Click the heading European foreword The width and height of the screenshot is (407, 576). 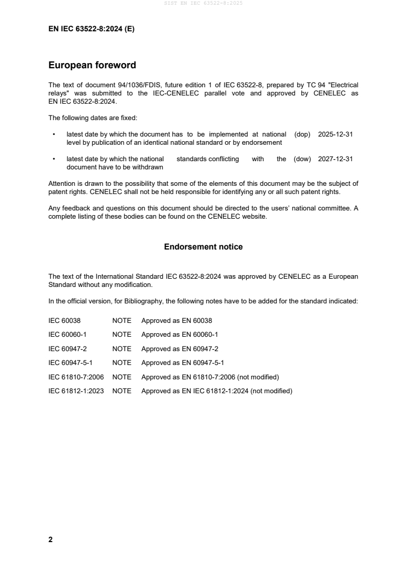coord(92,65)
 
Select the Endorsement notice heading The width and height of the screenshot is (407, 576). coord(203,247)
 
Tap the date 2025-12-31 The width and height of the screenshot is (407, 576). coord(335,134)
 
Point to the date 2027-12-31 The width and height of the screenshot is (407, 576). coord(335,159)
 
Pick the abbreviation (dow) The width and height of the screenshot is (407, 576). coord(302,159)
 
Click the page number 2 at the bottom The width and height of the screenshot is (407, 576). coord(50,540)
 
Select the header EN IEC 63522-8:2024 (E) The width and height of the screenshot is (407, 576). coord(91,29)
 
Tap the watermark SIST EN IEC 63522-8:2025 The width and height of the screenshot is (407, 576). coord(203,3)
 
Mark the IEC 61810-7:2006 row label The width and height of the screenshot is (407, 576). coord(76,377)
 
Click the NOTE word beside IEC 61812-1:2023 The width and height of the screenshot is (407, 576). coord(122,391)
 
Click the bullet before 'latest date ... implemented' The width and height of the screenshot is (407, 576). coord(54,135)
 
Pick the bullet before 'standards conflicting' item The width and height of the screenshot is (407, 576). coord(54,160)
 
